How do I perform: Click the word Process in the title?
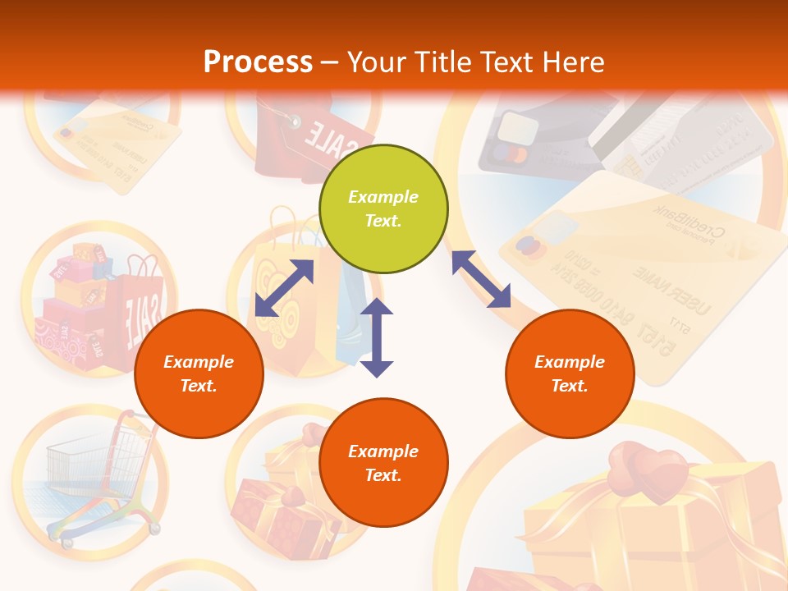click(258, 62)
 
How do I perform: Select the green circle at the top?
click(383, 208)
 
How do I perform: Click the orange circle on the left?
click(199, 373)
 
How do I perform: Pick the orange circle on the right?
click(570, 373)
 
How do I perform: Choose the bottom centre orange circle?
click(383, 463)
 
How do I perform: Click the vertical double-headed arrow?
click(377, 337)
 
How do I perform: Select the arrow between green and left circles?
click(284, 287)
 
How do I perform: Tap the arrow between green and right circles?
click(481, 279)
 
